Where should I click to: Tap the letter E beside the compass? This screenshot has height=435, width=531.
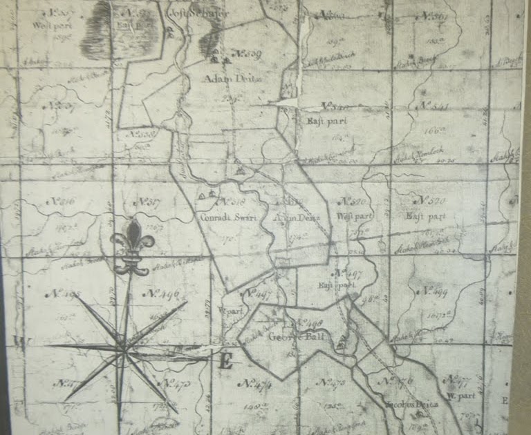point(225,362)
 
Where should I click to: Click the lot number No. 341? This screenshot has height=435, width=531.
point(434,106)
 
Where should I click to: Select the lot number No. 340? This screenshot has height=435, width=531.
point(335,106)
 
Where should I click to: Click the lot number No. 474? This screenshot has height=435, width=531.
point(254,383)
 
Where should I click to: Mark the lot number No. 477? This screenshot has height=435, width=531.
point(457,379)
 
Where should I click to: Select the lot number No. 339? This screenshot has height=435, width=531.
point(246,53)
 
